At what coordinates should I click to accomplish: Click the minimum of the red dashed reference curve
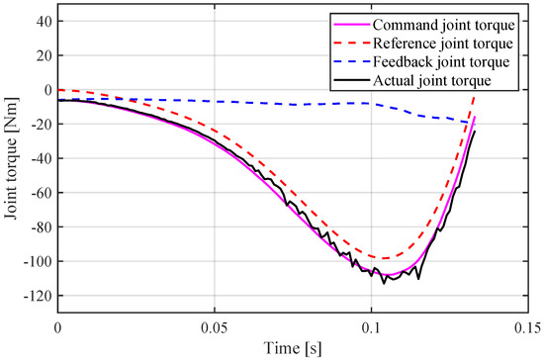pos(384,258)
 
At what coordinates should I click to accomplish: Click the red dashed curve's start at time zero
pos(58,89)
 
